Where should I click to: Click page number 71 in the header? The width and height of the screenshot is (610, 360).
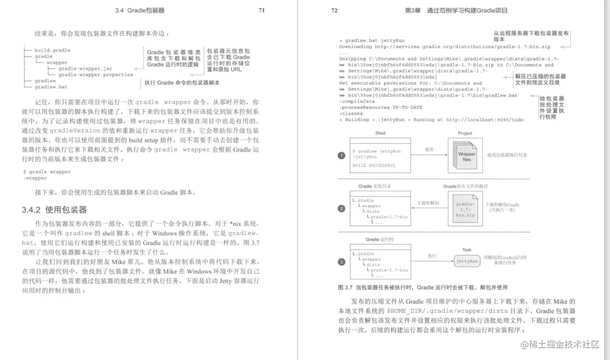point(262,10)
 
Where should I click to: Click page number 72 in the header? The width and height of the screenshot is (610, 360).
point(334,10)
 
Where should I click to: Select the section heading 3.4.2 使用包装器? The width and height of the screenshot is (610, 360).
point(54,210)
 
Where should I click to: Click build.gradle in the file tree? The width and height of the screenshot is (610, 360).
point(52,50)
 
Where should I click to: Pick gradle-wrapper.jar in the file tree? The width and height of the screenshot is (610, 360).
point(85,69)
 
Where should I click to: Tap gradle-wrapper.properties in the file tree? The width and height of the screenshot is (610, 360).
point(95,75)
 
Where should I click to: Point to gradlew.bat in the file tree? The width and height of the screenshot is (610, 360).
point(51,87)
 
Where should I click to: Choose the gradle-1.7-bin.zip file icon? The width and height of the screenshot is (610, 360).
point(465,210)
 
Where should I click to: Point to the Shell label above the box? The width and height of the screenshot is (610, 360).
point(380,133)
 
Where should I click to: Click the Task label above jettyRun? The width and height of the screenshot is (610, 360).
point(467,250)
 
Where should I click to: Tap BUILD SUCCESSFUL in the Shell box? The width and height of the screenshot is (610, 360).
point(373,166)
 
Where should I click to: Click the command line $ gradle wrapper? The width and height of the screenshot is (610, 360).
point(47,172)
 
